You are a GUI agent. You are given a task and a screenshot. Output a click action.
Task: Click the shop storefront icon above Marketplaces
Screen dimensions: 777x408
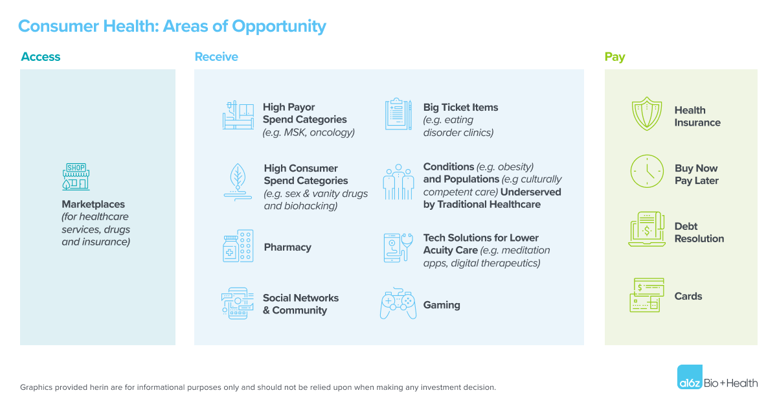coord(76,177)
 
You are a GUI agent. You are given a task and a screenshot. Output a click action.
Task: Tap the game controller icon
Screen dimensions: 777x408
coord(398,303)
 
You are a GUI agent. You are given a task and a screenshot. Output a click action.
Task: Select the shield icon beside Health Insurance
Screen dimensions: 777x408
coord(647,114)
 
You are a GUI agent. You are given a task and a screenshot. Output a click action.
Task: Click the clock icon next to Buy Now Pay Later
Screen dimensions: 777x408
coord(647,172)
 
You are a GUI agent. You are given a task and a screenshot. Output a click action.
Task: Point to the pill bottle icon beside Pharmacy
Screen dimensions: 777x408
coord(238,245)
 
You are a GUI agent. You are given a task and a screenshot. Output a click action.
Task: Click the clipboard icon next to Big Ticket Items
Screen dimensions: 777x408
coord(398,114)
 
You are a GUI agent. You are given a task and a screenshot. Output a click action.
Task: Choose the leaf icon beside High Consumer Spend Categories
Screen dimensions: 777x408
coord(238,182)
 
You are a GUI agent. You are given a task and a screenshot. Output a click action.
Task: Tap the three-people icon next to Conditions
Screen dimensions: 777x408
coord(398,182)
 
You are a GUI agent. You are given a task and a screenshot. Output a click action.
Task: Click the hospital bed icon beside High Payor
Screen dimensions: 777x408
coord(238,115)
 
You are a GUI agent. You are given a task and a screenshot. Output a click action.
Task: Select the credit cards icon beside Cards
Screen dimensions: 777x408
coord(647,295)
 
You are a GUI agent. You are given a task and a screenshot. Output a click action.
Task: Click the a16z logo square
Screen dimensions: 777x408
coord(690,377)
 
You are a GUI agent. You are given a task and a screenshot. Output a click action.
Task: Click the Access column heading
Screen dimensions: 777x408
coord(41,56)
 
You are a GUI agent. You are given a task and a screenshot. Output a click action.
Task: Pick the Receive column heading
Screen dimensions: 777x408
coord(216,56)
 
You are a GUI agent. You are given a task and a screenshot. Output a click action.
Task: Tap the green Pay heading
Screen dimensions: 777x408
coord(614,57)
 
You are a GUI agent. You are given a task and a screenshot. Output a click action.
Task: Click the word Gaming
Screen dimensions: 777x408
coord(442,305)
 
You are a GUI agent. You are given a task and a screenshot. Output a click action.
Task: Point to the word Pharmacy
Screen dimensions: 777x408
coord(287,247)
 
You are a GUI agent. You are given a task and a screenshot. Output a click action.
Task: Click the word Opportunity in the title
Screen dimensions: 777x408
coord(279,27)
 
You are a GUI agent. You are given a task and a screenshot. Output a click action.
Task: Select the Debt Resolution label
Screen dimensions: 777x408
coord(699,232)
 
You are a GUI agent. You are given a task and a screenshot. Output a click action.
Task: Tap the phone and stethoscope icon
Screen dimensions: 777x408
coord(398,247)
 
